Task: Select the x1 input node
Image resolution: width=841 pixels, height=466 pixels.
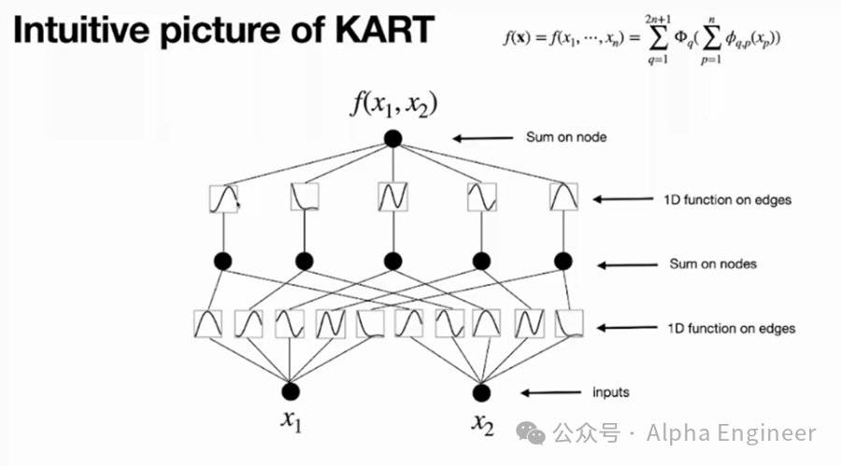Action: click(x=292, y=391)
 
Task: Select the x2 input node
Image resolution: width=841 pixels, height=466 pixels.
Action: click(x=481, y=391)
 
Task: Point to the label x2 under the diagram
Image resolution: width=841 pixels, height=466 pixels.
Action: click(x=482, y=424)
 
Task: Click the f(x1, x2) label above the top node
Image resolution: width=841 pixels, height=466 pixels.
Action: click(x=393, y=103)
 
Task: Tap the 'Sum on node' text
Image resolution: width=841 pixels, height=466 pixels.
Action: click(x=566, y=137)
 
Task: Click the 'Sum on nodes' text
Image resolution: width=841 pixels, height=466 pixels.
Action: click(x=713, y=263)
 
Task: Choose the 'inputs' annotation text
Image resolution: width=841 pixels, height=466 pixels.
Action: click(x=610, y=392)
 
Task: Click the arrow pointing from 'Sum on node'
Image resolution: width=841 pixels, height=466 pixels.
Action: click(x=484, y=138)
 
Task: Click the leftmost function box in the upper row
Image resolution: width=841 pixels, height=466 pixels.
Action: click(x=223, y=197)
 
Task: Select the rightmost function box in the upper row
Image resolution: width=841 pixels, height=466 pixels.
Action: click(x=563, y=197)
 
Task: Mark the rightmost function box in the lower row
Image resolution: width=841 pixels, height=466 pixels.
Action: click(x=570, y=323)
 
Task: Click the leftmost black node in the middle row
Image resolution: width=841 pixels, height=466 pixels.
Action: click(x=223, y=261)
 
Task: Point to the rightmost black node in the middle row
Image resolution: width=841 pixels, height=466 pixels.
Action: click(x=563, y=261)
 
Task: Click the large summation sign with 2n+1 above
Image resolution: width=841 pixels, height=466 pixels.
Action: click(x=655, y=40)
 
